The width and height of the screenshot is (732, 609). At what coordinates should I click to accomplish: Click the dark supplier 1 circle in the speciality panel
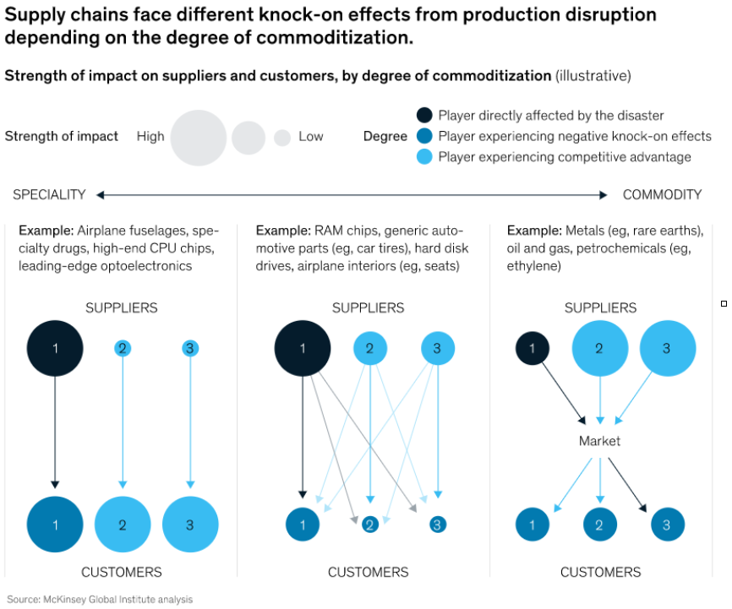coord(55,348)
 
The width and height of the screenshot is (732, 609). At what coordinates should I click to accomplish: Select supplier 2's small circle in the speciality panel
coord(123,348)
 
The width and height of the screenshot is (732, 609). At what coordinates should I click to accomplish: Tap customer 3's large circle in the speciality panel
coord(190,525)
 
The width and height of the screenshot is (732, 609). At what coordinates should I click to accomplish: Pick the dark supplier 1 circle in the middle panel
coord(303,348)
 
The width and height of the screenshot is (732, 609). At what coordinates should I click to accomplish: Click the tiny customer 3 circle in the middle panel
coord(438,525)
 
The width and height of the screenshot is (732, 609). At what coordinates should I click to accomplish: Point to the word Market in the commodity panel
coord(599,441)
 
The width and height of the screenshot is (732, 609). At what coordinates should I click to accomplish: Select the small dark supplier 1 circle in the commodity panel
coord(533,348)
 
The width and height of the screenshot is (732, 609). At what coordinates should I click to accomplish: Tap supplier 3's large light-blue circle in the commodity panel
coord(668,348)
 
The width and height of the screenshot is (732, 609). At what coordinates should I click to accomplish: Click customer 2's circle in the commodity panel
coord(600,525)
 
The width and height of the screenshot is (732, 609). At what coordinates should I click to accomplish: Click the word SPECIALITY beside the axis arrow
coord(49,194)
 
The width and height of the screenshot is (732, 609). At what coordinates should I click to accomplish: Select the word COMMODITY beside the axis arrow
coord(662,194)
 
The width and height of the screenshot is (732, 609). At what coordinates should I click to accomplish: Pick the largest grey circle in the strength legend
coord(199,138)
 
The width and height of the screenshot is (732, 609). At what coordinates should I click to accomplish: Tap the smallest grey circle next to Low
coord(282,138)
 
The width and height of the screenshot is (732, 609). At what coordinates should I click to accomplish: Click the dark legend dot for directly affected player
coord(424,115)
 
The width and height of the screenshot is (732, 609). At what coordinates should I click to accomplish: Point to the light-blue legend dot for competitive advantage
coord(424,157)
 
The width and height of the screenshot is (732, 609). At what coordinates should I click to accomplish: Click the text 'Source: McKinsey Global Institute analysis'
coord(100,599)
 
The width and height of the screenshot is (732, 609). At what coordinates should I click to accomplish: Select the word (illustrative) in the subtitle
coord(593,76)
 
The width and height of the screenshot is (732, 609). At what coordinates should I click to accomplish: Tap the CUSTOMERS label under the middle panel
coord(368,572)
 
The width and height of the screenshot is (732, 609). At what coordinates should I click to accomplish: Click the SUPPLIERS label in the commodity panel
coord(600,308)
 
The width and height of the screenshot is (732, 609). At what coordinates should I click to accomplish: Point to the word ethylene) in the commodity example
coord(533,266)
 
